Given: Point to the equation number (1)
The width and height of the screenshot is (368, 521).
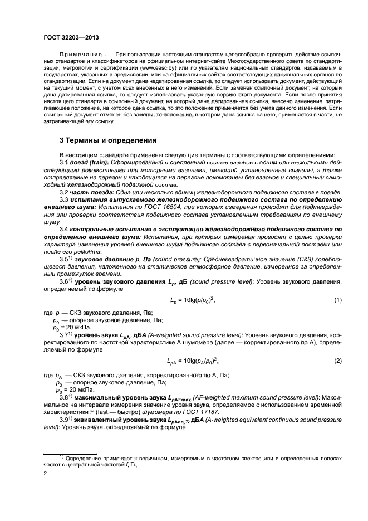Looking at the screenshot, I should [337, 300].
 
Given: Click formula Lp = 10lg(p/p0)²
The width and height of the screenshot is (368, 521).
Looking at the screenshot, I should [192, 301].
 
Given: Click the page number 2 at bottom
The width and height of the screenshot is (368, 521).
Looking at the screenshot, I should [46, 473].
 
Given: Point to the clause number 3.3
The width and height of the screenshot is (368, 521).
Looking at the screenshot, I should [64, 199].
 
